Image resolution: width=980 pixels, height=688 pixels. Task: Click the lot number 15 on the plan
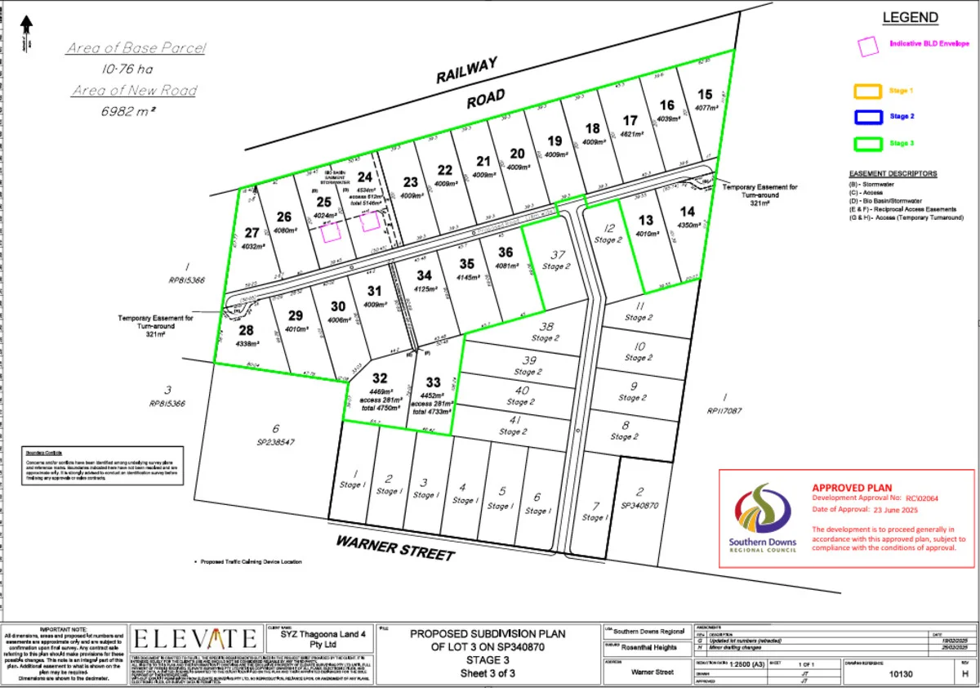[705, 94]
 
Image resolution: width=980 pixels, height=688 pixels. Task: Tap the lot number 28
[247, 330]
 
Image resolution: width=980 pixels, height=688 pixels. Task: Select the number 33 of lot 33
[433, 382]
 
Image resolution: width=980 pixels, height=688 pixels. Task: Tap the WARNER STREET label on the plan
[394, 547]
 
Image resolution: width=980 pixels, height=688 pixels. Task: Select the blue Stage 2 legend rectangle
[868, 117]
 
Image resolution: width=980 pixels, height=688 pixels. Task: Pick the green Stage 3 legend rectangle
[868, 143]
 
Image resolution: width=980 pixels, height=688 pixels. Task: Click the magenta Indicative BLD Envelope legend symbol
[867, 46]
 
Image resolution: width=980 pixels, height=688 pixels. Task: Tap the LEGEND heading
[911, 18]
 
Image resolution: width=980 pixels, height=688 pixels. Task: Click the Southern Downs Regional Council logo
[762, 519]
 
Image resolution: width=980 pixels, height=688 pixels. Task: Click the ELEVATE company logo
[194, 638]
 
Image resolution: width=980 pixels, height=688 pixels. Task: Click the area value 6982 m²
[130, 109]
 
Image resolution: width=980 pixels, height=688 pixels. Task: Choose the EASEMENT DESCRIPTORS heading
[893, 174]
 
